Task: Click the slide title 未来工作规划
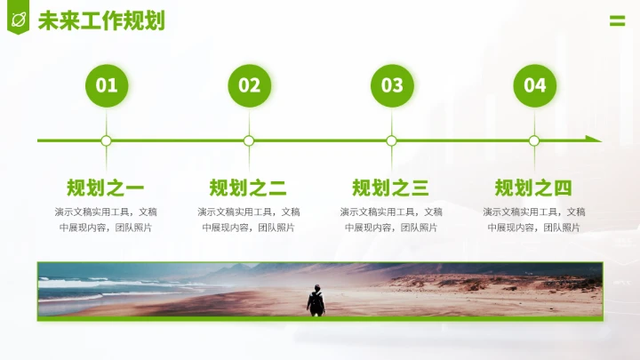(x=101, y=20)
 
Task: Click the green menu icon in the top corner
(x=617, y=21)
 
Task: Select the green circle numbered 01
(x=107, y=85)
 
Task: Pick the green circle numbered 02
(x=249, y=85)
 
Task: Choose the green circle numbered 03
(x=392, y=85)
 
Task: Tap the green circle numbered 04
(x=534, y=85)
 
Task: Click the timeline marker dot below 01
(x=107, y=140)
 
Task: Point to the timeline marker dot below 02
(x=249, y=140)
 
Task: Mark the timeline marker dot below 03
(x=392, y=140)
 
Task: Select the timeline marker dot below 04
(x=534, y=140)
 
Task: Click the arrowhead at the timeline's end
(x=594, y=140)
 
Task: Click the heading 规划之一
(x=106, y=188)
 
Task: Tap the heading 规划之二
(x=248, y=188)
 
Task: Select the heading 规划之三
(x=391, y=188)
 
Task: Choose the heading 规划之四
(x=533, y=188)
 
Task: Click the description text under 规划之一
(x=106, y=220)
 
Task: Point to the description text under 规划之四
(x=533, y=220)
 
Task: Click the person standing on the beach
(x=316, y=300)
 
